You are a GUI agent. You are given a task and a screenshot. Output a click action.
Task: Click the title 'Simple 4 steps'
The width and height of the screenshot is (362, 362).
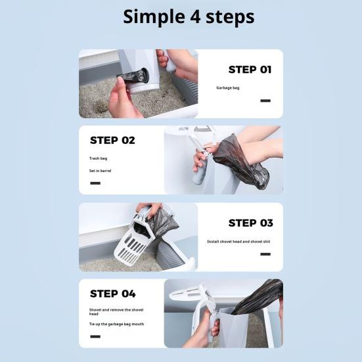click(189, 17)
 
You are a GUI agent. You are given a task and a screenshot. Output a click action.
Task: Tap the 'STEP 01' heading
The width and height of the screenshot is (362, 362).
click(250, 70)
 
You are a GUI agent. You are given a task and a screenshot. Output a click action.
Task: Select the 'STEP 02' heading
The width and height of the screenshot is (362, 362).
click(112, 141)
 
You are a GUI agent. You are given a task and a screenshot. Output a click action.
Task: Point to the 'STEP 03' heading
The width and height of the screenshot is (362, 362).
click(251, 223)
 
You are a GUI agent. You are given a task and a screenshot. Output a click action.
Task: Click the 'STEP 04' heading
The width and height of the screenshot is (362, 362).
click(112, 294)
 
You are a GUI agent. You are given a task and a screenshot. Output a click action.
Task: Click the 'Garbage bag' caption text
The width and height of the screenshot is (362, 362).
click(227, 88)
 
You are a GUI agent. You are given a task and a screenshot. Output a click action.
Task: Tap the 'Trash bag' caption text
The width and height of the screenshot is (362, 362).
click(98, 158)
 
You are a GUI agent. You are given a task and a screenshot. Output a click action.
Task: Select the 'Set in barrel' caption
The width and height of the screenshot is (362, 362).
click(101, 171)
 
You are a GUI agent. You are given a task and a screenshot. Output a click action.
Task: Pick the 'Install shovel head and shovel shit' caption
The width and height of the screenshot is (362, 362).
click(238, 242)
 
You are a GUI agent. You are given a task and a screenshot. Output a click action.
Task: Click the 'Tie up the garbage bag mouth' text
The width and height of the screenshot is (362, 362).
click(116, 324)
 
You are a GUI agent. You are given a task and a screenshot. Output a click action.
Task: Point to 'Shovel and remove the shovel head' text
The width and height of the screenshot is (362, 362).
click(116, 312)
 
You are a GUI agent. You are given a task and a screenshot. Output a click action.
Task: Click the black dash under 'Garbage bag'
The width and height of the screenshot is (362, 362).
click(265, 101)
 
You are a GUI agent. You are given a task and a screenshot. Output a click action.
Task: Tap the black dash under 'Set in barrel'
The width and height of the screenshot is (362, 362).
click(95, 183)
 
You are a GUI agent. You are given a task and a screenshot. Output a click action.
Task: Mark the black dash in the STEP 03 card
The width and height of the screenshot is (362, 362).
click(265, 254)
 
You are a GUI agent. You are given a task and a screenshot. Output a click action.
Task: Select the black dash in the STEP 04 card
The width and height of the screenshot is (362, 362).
click(95, 336)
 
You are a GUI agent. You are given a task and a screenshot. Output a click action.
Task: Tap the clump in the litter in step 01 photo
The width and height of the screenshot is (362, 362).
click(101, 106)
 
